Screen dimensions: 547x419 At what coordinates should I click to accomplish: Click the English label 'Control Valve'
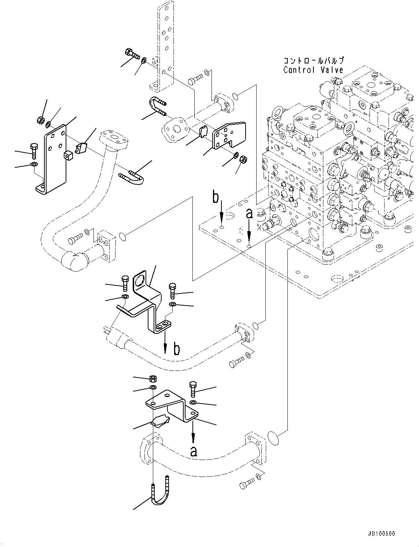(313, 70)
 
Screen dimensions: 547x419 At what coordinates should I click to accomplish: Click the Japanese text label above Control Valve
(313, 61)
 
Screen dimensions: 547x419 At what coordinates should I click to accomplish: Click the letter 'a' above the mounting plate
(249, 214)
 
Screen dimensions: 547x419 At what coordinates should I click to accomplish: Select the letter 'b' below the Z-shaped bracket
(177, 349)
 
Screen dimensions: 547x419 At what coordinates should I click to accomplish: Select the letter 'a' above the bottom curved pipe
(194, 451)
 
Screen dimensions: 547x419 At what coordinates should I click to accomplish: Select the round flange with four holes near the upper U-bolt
(176, 130)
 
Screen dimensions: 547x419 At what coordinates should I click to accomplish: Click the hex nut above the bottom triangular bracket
(154, 379)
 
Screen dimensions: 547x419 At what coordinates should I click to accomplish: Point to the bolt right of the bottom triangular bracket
(193, 389)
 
